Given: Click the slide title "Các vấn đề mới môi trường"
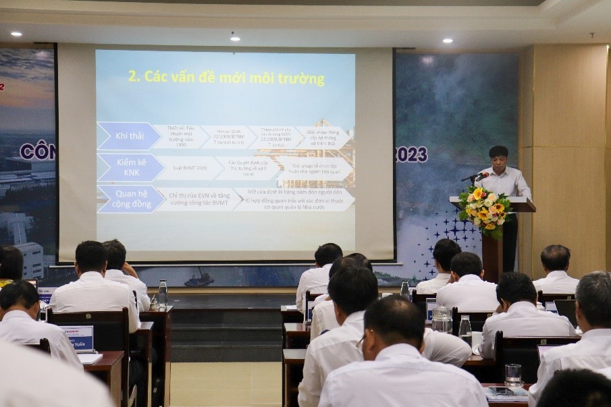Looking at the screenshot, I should (x=226, y=77).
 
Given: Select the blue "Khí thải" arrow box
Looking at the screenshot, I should (x=127, y=136).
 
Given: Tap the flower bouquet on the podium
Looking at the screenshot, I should (x=484, y=209).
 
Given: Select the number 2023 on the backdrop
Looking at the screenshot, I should (x=411, y=155).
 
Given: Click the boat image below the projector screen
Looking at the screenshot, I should (x=199, y=278).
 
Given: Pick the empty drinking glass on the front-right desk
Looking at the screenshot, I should (x=512, y=375).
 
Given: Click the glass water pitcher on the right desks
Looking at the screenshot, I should (x=442, y=319).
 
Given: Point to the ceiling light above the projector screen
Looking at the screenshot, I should (x=234, y=38).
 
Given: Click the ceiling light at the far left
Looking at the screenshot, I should (x=16, y=33).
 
